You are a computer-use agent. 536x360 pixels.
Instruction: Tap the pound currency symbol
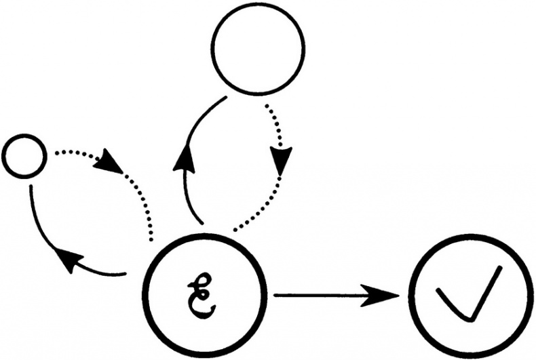(x=202, y=296)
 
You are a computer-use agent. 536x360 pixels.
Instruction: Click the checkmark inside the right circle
(x=469, y=293)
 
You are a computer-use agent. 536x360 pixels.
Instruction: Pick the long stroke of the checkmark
(x=486, y=293)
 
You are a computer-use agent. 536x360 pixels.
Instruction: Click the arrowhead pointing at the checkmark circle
(x=381, y=295)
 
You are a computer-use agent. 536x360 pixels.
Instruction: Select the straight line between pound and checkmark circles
(x=320, y=295)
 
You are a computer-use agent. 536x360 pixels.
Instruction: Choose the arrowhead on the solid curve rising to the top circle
(x=185, y=158)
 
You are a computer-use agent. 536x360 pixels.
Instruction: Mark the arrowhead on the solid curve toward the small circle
(x=69, y=260)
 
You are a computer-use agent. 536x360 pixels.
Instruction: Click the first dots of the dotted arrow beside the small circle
(x=62, y=153)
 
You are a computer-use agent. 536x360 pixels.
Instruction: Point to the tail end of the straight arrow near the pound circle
(x=275, y=295)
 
